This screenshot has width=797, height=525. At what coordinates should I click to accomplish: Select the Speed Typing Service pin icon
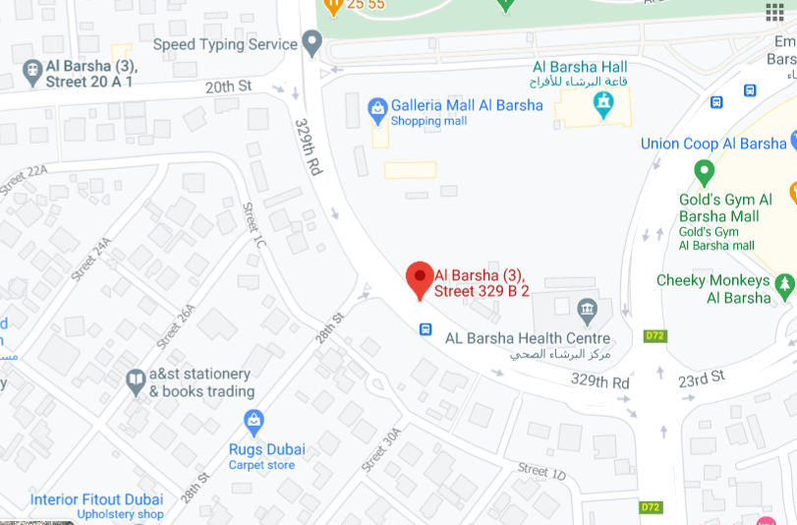coord(313,43)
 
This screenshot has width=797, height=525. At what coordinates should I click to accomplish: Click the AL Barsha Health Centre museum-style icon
coord(587,311)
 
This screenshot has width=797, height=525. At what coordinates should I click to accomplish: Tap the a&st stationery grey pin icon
coord(136,380)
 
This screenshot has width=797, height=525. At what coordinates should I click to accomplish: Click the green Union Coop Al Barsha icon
coord(792,144)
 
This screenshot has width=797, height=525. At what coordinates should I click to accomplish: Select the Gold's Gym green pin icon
coord(703,173)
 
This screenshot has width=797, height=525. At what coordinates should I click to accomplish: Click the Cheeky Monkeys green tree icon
coord(783,286)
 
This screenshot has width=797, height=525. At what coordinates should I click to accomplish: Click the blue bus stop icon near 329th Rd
coord(426,329)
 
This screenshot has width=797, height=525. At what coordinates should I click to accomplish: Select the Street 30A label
coord(382,449)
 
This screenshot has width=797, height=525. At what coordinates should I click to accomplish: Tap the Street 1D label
coord(541,472)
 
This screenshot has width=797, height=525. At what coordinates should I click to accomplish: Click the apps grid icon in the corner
coord(774,12)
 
